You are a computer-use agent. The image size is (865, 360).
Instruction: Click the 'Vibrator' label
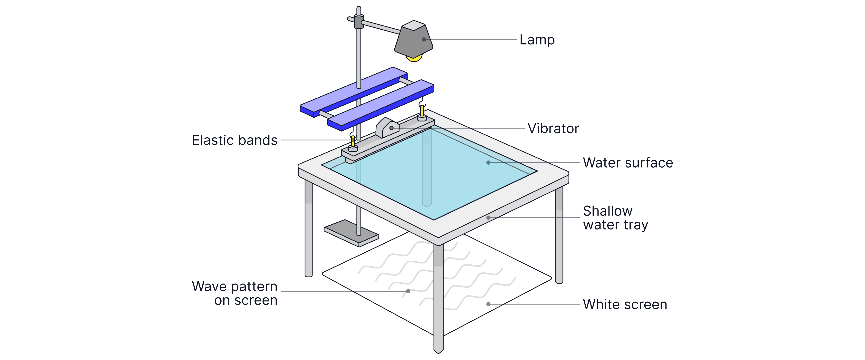[x=553, y=128]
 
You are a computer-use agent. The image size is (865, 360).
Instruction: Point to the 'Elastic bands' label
[x=235, y=140]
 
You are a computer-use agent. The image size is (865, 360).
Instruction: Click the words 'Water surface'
[x=628, y=162]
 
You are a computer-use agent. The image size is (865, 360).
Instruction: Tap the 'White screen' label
[x=625, y=304]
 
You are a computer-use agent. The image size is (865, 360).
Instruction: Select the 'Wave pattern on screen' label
[x=235, y=293]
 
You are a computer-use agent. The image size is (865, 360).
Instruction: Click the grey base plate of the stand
[x=351, y=233]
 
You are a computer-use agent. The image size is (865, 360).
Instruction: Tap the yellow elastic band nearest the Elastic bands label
[x=353, y=141]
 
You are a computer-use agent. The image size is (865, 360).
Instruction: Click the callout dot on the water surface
[x=488, y=162]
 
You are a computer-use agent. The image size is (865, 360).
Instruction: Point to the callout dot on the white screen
[x=488, y=304]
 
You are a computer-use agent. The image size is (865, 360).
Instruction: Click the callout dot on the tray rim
[x=488, y=218]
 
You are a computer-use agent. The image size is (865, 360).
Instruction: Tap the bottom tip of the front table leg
[x=438, y=353]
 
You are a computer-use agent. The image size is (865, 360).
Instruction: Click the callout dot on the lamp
[x=424, y=39]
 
